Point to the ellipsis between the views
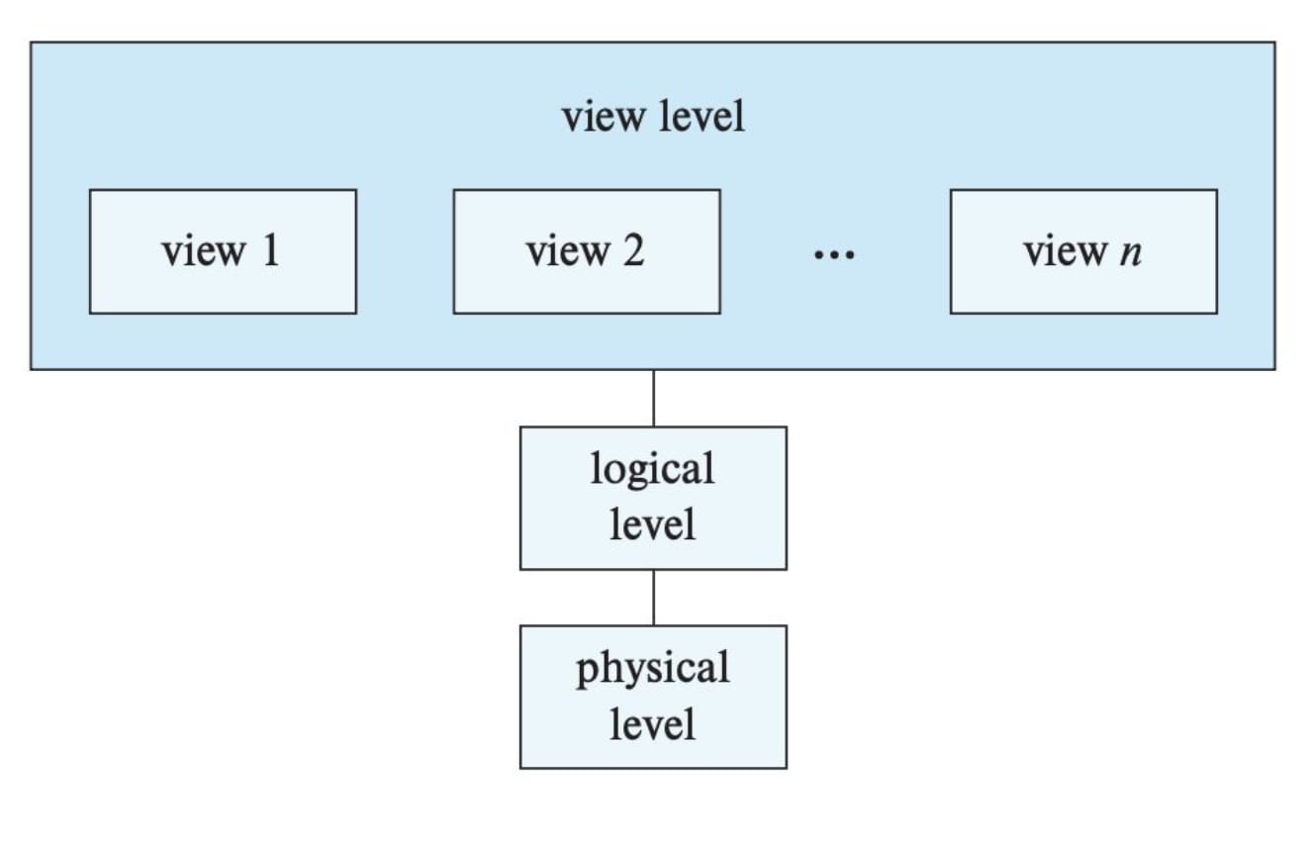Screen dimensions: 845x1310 pyautogui.click(x=834, y=256)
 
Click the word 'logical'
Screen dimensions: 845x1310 pyautogui.click(x=653, y=469)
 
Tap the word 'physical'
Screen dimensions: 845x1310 pyautogui.click(x=653, y=670)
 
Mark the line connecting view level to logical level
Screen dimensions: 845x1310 pyautogui.click(x=653, y=398)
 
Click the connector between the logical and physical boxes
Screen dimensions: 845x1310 pyautogui.click(x=653, y=597)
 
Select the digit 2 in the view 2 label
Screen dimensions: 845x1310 pyautogui.click(x=633, y=251)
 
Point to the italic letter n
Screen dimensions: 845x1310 pyautogui.click(x=1131, y=253)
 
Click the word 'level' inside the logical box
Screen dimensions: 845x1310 pyautogui.click(x=653, y=524)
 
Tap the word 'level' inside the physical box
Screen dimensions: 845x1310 pyautogui.click(x=653, y=724)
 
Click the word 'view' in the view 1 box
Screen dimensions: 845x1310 pyautogui.click(x=202, y=251)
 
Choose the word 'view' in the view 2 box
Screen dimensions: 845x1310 pyautogui.click(x=566, y=251)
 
